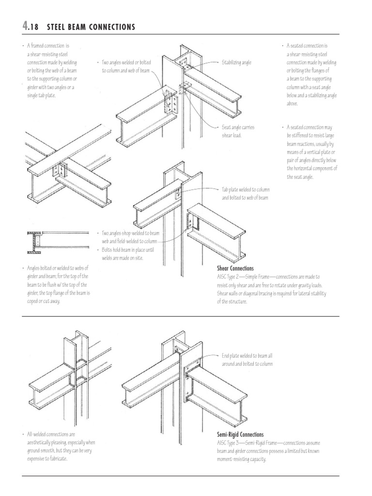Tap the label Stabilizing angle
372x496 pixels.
pos(236,62)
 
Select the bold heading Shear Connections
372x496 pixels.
pos(235,268)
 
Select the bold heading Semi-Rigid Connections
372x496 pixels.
pos(241,434)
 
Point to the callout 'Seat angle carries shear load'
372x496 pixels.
pos(238,131)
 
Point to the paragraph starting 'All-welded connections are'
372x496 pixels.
pos(61,446)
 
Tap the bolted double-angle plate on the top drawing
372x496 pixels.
pos(171,103)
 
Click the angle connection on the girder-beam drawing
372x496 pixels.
pos(61,170)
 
